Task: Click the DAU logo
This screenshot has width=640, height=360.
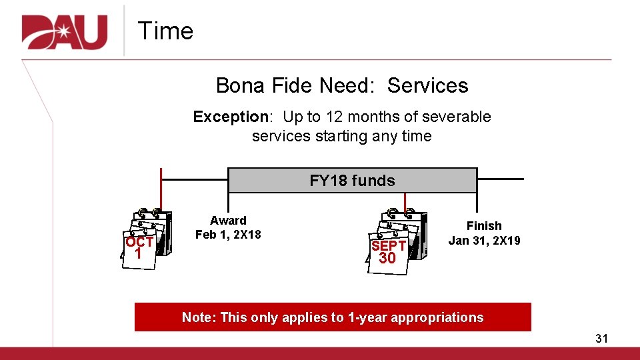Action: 65,31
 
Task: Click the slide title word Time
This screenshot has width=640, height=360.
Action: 165,31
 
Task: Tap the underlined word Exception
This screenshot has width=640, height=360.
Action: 230,117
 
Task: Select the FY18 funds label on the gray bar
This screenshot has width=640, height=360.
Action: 352,181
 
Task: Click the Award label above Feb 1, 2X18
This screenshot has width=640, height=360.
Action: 228,221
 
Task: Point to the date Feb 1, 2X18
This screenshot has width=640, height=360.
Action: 228,235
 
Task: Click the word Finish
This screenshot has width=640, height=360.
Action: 484,226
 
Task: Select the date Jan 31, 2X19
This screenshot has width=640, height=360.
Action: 484,240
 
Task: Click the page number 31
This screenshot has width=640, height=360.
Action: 601,339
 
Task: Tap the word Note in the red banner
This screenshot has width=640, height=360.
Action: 196,317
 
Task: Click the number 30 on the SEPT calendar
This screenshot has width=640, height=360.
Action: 387,258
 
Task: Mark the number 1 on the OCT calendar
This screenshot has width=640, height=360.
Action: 137,254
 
